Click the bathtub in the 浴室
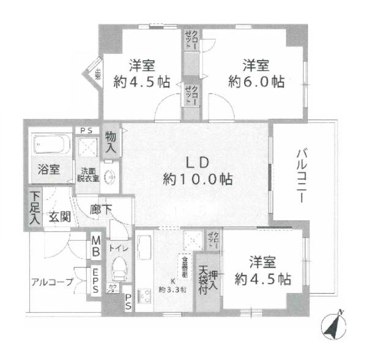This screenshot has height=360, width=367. (50, 145)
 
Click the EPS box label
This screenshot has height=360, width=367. (97, 276)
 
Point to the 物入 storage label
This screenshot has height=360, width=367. (111, 143)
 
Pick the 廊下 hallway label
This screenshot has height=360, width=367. (101, 209)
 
